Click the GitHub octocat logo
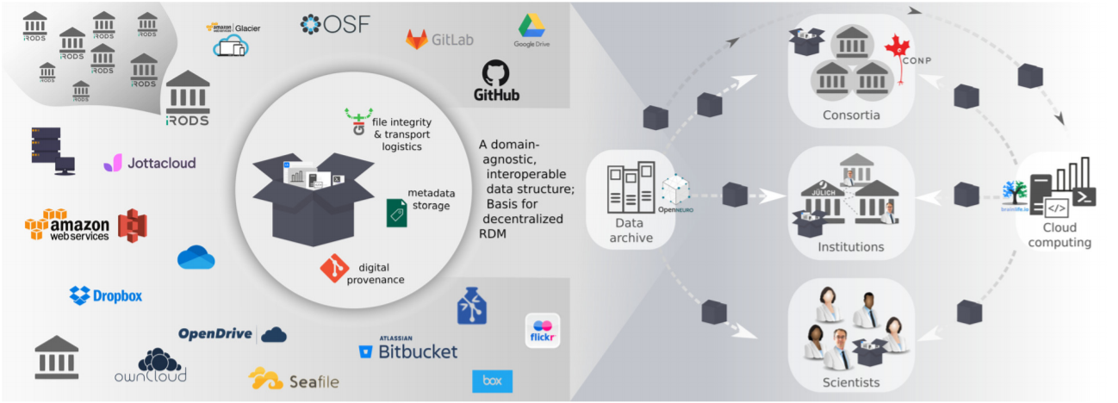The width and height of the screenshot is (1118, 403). [495, 71]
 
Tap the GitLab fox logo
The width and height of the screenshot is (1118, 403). [417, 39]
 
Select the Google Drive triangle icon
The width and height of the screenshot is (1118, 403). [531, 26]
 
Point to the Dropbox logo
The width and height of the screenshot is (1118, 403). [106, 295]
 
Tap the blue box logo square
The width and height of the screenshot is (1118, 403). [492, 381]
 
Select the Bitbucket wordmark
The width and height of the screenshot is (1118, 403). [407, 350]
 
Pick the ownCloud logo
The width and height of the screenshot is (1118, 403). [150, 365]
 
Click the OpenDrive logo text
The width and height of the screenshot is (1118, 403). [215, 334]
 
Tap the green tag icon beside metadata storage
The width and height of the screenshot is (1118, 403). [396, 212]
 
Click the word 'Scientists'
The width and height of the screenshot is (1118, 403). [850, 381]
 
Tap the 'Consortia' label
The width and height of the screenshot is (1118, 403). [850, 115]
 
